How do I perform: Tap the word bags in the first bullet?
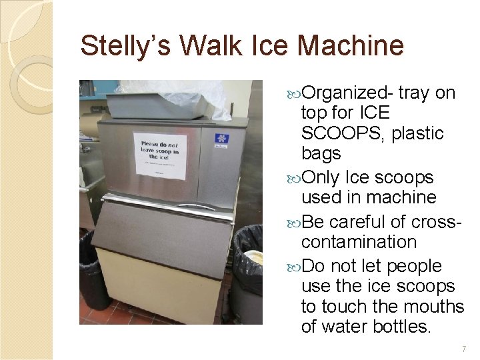coord(321,153)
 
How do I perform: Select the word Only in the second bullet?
coord(321,178)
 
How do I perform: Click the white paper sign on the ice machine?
coord(159,156)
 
